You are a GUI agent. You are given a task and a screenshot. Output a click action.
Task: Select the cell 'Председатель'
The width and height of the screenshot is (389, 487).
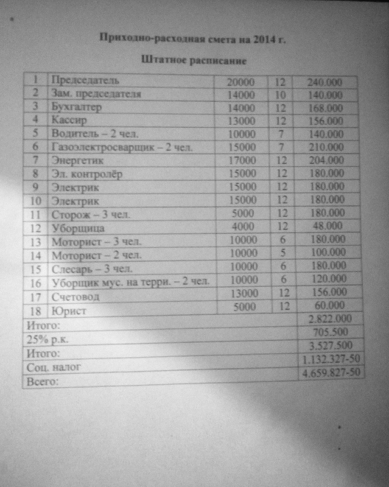(x=85, y=80)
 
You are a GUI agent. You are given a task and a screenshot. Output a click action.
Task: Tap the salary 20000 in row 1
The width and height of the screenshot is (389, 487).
(x=240, y=82)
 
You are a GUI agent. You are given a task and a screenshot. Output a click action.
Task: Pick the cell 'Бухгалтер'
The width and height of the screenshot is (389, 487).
(x=76, y=107)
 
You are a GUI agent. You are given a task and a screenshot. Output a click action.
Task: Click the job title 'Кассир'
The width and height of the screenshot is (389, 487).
(x=68, y=120)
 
